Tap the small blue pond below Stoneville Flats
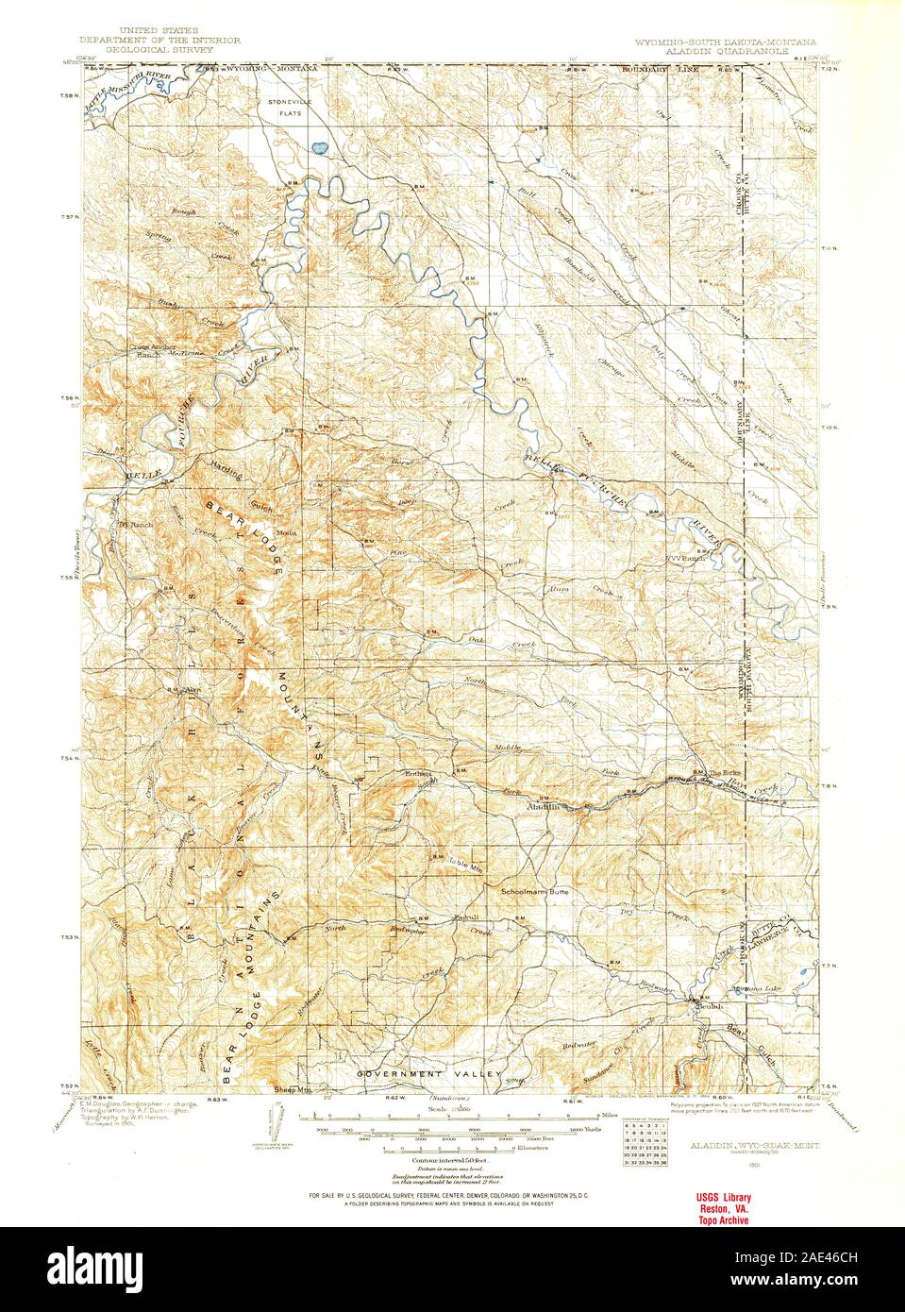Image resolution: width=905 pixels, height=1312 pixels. pos(319,147)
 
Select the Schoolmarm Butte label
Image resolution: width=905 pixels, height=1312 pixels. pos(534,890)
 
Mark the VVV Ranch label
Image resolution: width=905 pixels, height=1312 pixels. pos(686,558)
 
